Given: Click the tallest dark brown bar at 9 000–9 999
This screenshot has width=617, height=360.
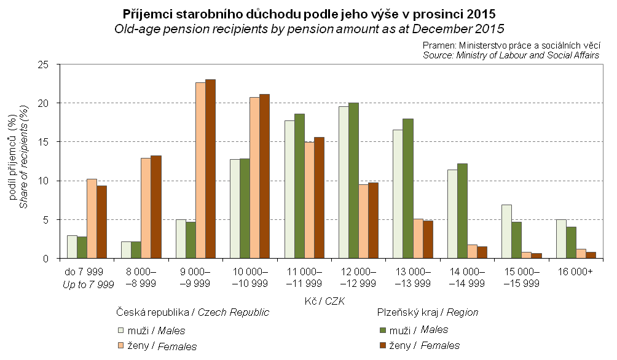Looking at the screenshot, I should click(x=210, y=169).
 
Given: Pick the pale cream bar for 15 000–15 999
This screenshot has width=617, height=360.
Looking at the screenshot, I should click(x=507, y=232).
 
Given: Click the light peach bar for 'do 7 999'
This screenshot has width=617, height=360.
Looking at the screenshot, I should click(x=92, y=219).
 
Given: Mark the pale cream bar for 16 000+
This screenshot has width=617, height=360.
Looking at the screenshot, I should click(x=561, y=239).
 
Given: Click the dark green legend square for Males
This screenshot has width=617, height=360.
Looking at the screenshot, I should click(x=383, y=331).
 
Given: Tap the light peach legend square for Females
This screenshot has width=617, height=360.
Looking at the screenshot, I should click(x=122, y=346).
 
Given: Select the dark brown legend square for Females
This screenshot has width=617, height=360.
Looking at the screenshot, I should click(x=383, y=345).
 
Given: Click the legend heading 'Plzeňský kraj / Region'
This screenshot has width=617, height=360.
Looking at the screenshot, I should click(x=427, y=312).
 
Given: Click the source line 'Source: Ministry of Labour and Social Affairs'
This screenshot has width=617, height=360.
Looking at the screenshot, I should click(x=511, y=55).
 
